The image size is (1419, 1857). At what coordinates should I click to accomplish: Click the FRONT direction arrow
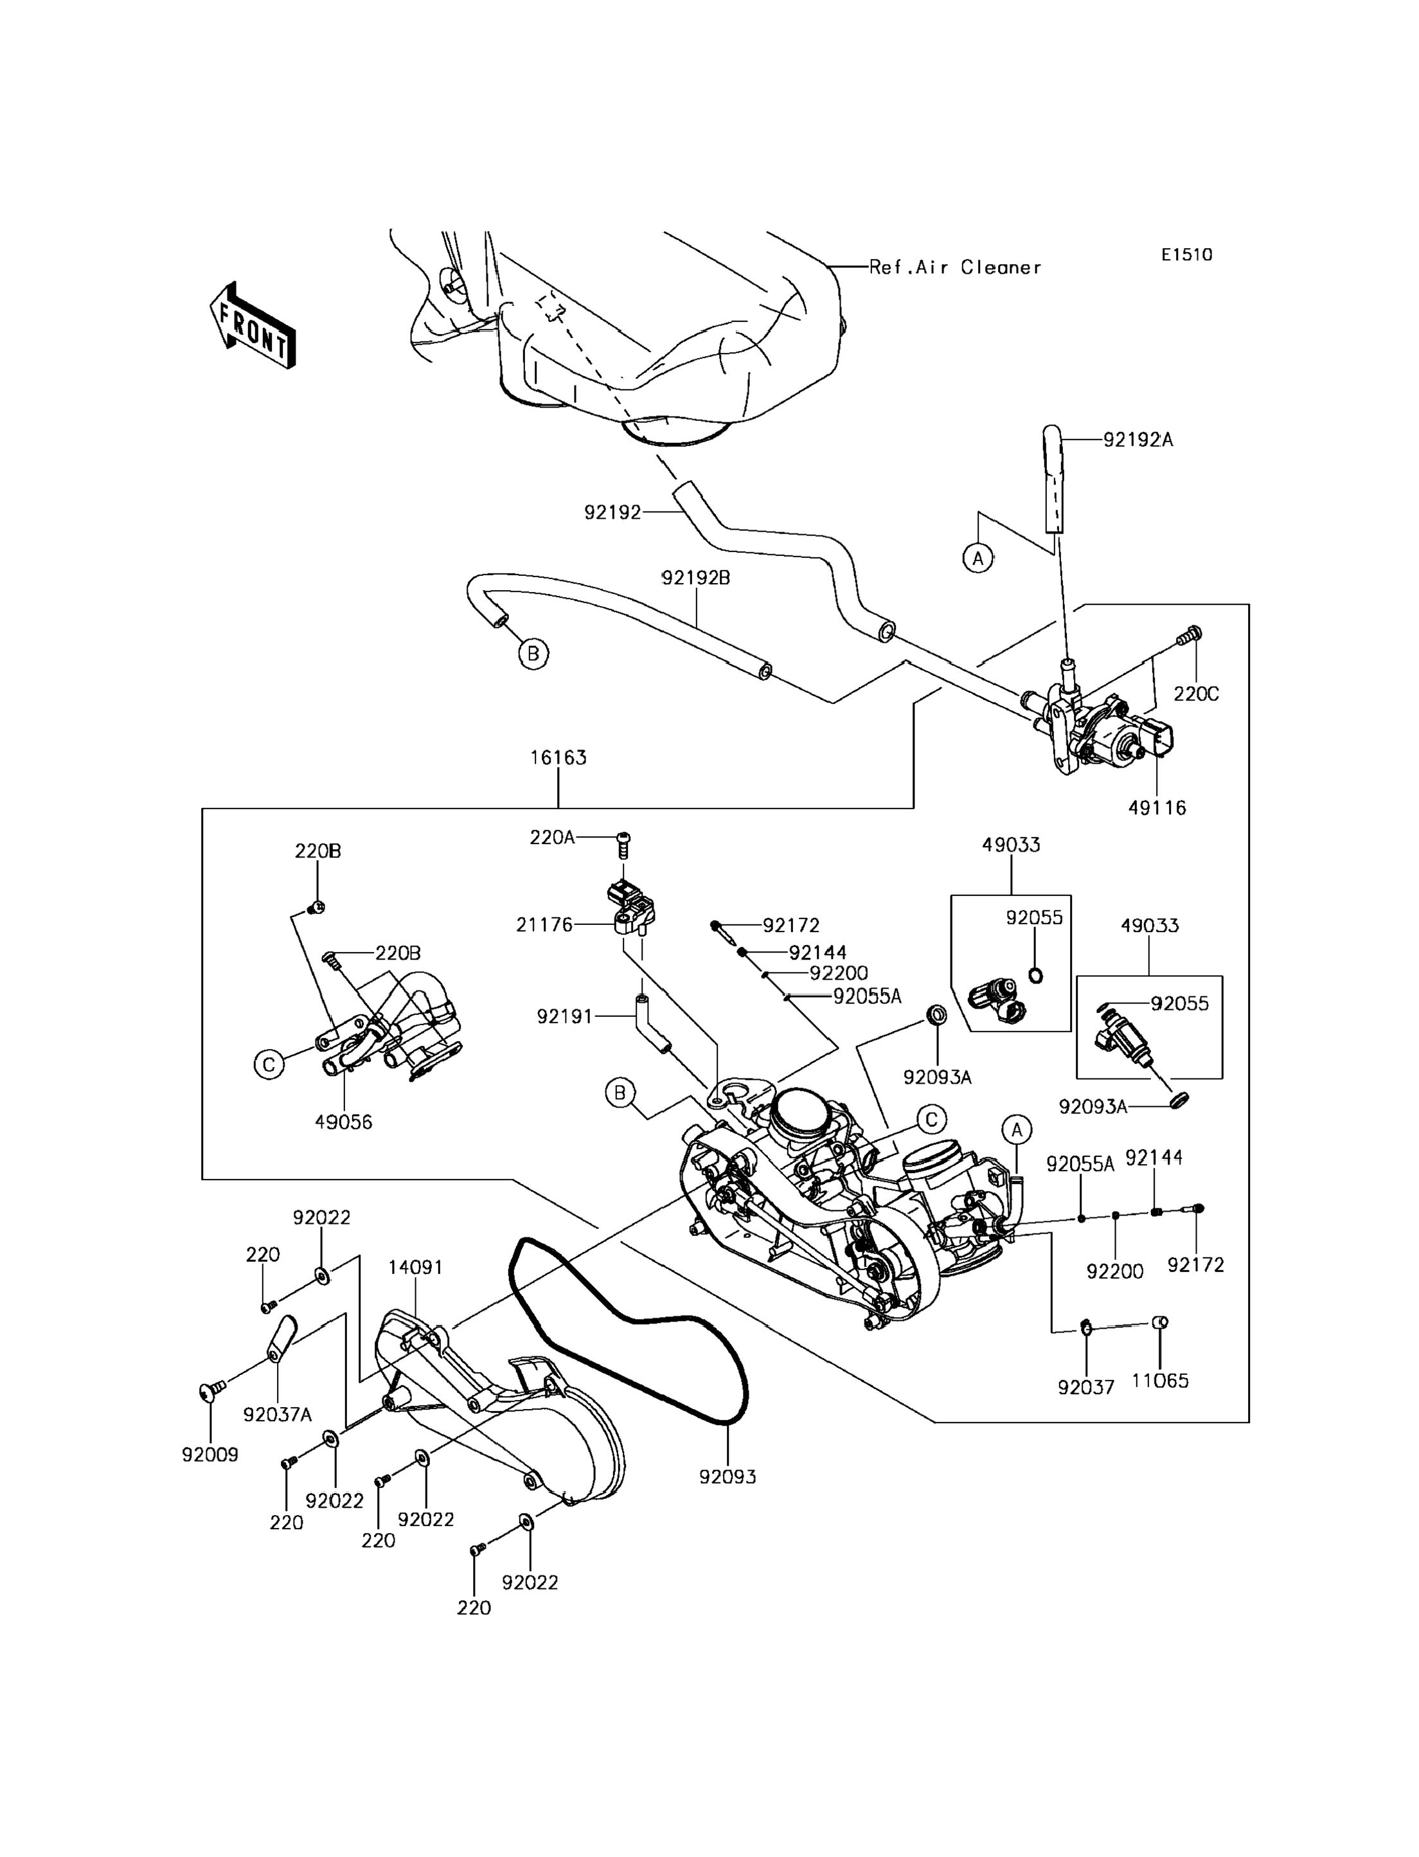pos(253,326)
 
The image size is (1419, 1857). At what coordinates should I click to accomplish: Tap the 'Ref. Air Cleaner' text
pos(955,268)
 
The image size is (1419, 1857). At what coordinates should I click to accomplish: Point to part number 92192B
pos(695,578)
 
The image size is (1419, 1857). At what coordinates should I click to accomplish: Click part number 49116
pos(1157,808)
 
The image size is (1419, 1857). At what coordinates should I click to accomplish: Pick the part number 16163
pos(558,758)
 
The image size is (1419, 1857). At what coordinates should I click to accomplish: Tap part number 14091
pos(416,1268)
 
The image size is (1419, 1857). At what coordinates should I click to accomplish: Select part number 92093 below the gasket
pos(727,1477)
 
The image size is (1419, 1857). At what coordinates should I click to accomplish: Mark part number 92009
pos(210,1455)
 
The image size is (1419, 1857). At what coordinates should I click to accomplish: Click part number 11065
pos(1160,1381)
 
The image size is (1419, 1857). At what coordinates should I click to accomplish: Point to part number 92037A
pos(277,1414)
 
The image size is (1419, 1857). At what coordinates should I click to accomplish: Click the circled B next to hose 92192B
pos(533,653)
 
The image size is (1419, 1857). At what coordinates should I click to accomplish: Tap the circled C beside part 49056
pos(269,1064)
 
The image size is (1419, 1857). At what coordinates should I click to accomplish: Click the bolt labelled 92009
pos(210,1390)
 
